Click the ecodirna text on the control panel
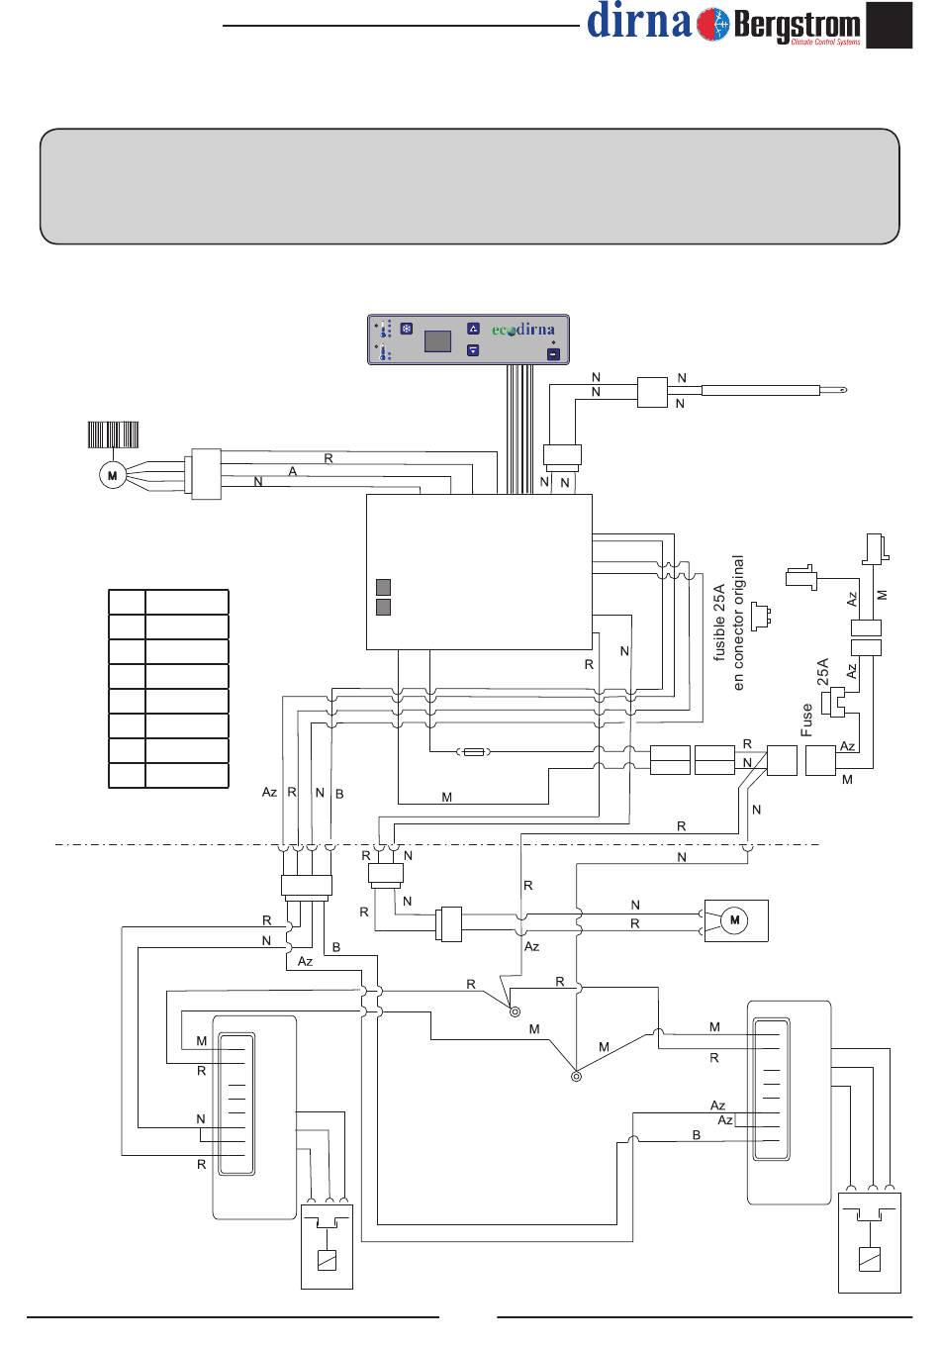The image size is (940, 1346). click(x=523, y=330)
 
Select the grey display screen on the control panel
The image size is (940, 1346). click(x=437, y=341)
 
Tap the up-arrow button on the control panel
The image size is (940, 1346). click(x=473, y=329)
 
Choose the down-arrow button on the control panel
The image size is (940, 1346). click(x=473, y=349)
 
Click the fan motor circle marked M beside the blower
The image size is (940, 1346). click(x=113, y=475)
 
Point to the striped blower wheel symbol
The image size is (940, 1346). click(x=113, y=434)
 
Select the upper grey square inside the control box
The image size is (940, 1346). click(x=383, y=587)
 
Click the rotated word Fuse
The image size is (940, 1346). click(x=806, y=720)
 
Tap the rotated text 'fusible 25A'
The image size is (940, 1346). click(x=719, y=623)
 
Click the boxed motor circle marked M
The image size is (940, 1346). click(x=734, y=920)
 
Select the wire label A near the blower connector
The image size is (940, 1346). click(x=293, y=472)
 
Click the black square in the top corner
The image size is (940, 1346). click(x=889, y=25)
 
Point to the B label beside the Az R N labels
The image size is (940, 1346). click(x=339, y=794)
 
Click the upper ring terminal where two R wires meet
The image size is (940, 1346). click(x=515, y=1011)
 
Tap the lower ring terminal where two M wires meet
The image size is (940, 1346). click(x=576, y=1077)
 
